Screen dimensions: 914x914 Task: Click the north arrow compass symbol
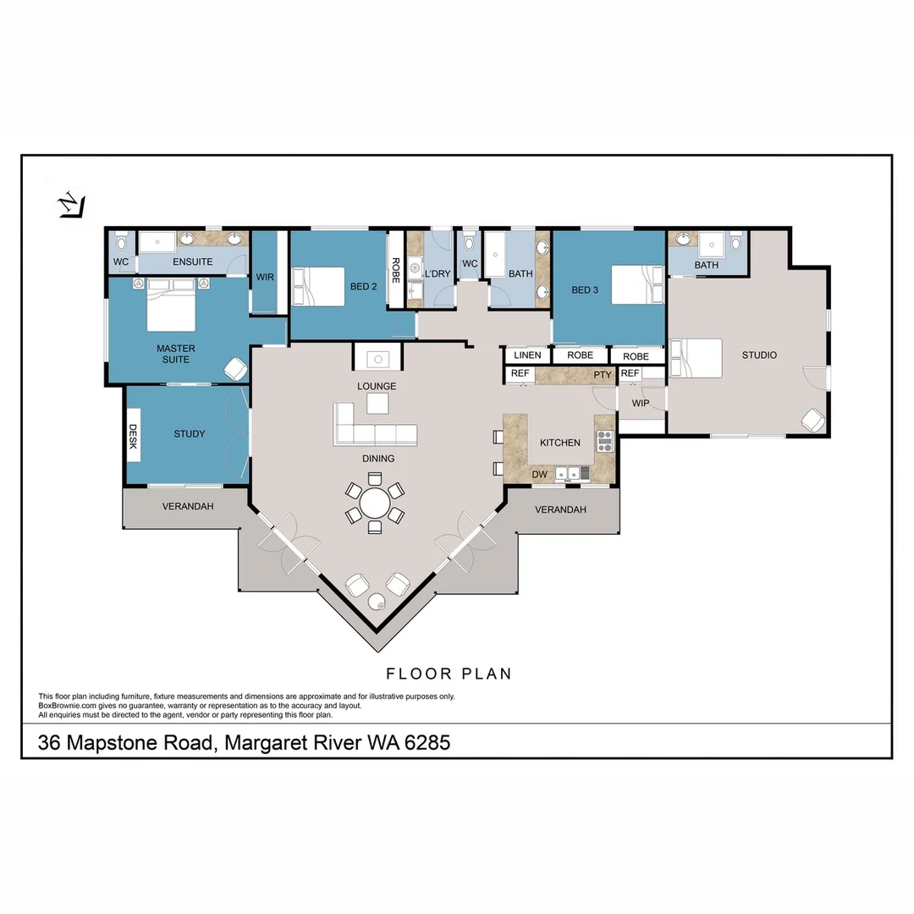[x=72, y=205]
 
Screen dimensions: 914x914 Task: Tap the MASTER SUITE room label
[x=175, y=354]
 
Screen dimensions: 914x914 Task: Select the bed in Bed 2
[x=317, y=286]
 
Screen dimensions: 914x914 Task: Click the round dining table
[x=375, y=503]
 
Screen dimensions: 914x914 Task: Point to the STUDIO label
[x=759, y=355]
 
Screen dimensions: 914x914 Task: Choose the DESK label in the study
[x=133, y=436]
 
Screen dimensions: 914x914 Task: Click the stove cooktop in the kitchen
[x=604, y=441]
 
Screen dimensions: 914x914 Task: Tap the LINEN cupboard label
[x=527, y=355]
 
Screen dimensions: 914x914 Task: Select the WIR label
[x=265, y=277]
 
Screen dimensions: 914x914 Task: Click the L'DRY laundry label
[x=438, y=273]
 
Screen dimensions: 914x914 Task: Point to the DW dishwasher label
[x=539, y=475]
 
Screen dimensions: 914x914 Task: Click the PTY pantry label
[x=603, y=375]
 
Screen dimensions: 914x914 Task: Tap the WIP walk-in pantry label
[x=640, y=403]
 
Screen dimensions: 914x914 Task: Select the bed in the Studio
[x=696, y=358]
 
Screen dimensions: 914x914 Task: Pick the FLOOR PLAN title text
[x=449, y=674]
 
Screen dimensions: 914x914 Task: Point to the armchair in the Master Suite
[x=236, y=368]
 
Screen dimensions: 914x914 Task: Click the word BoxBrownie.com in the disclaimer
[x=67, y=705]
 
